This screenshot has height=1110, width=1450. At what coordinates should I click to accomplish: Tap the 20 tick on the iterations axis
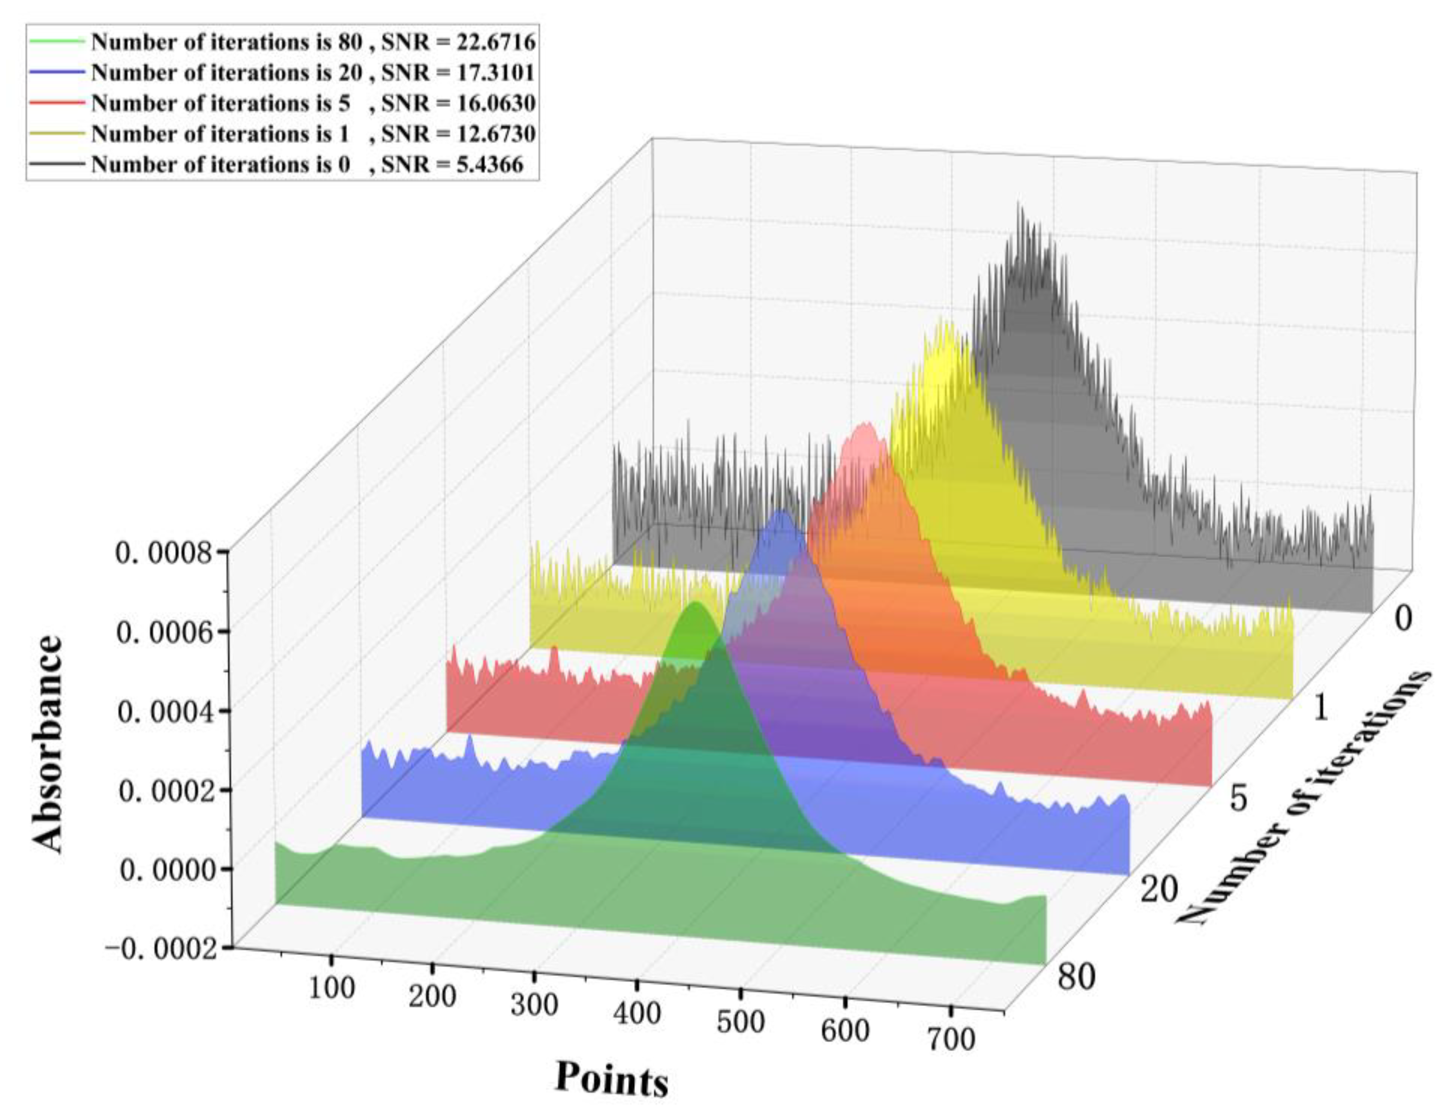pos(1159,889)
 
